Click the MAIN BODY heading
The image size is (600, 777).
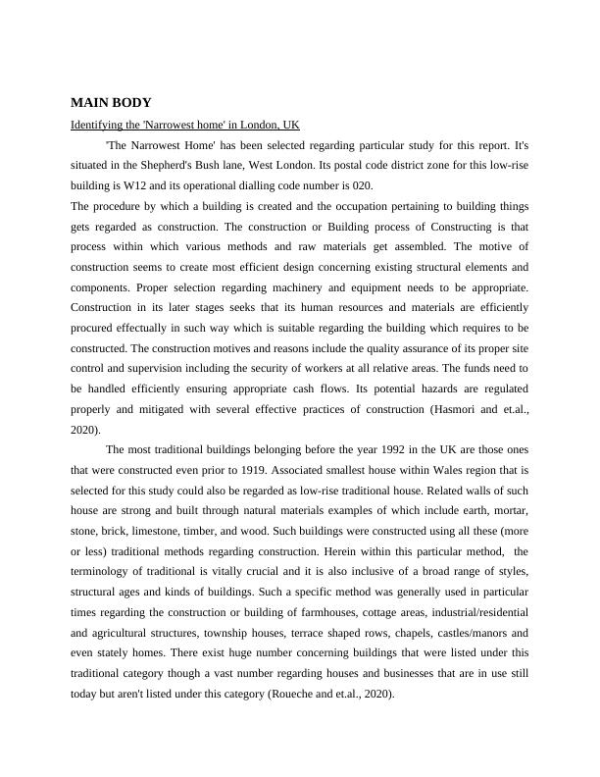[x=111, y=102]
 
